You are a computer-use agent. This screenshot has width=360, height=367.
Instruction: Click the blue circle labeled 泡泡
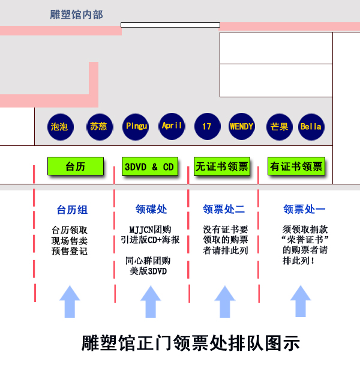click(59, 127)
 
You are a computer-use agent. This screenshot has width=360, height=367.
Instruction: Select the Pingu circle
click(136, 127)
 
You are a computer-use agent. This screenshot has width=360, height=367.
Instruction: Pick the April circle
click(172, 126)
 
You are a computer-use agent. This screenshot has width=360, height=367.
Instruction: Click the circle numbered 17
click(206, 127)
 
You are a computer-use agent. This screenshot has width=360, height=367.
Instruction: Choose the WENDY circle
click(241, 127)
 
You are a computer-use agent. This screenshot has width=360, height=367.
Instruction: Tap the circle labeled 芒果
click(279, 127)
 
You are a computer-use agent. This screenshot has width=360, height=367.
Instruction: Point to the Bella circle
click(311, 127)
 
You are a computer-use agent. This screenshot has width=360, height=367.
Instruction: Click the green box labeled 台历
click(76, 166)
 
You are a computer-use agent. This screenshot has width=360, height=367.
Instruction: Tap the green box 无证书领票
click(221, 166)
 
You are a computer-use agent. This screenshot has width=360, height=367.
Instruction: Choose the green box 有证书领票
click(296, 166)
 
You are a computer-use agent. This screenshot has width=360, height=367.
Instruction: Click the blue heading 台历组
click(72, 210)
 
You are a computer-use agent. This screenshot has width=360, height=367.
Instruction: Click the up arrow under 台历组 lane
click(70, 301)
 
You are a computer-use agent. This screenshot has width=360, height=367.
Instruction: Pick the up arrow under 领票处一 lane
click(301, 301)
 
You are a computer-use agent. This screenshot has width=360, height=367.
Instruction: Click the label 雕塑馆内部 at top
click(76, 14)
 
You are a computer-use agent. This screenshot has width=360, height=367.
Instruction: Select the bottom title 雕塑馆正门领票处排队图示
click(190, 344)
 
